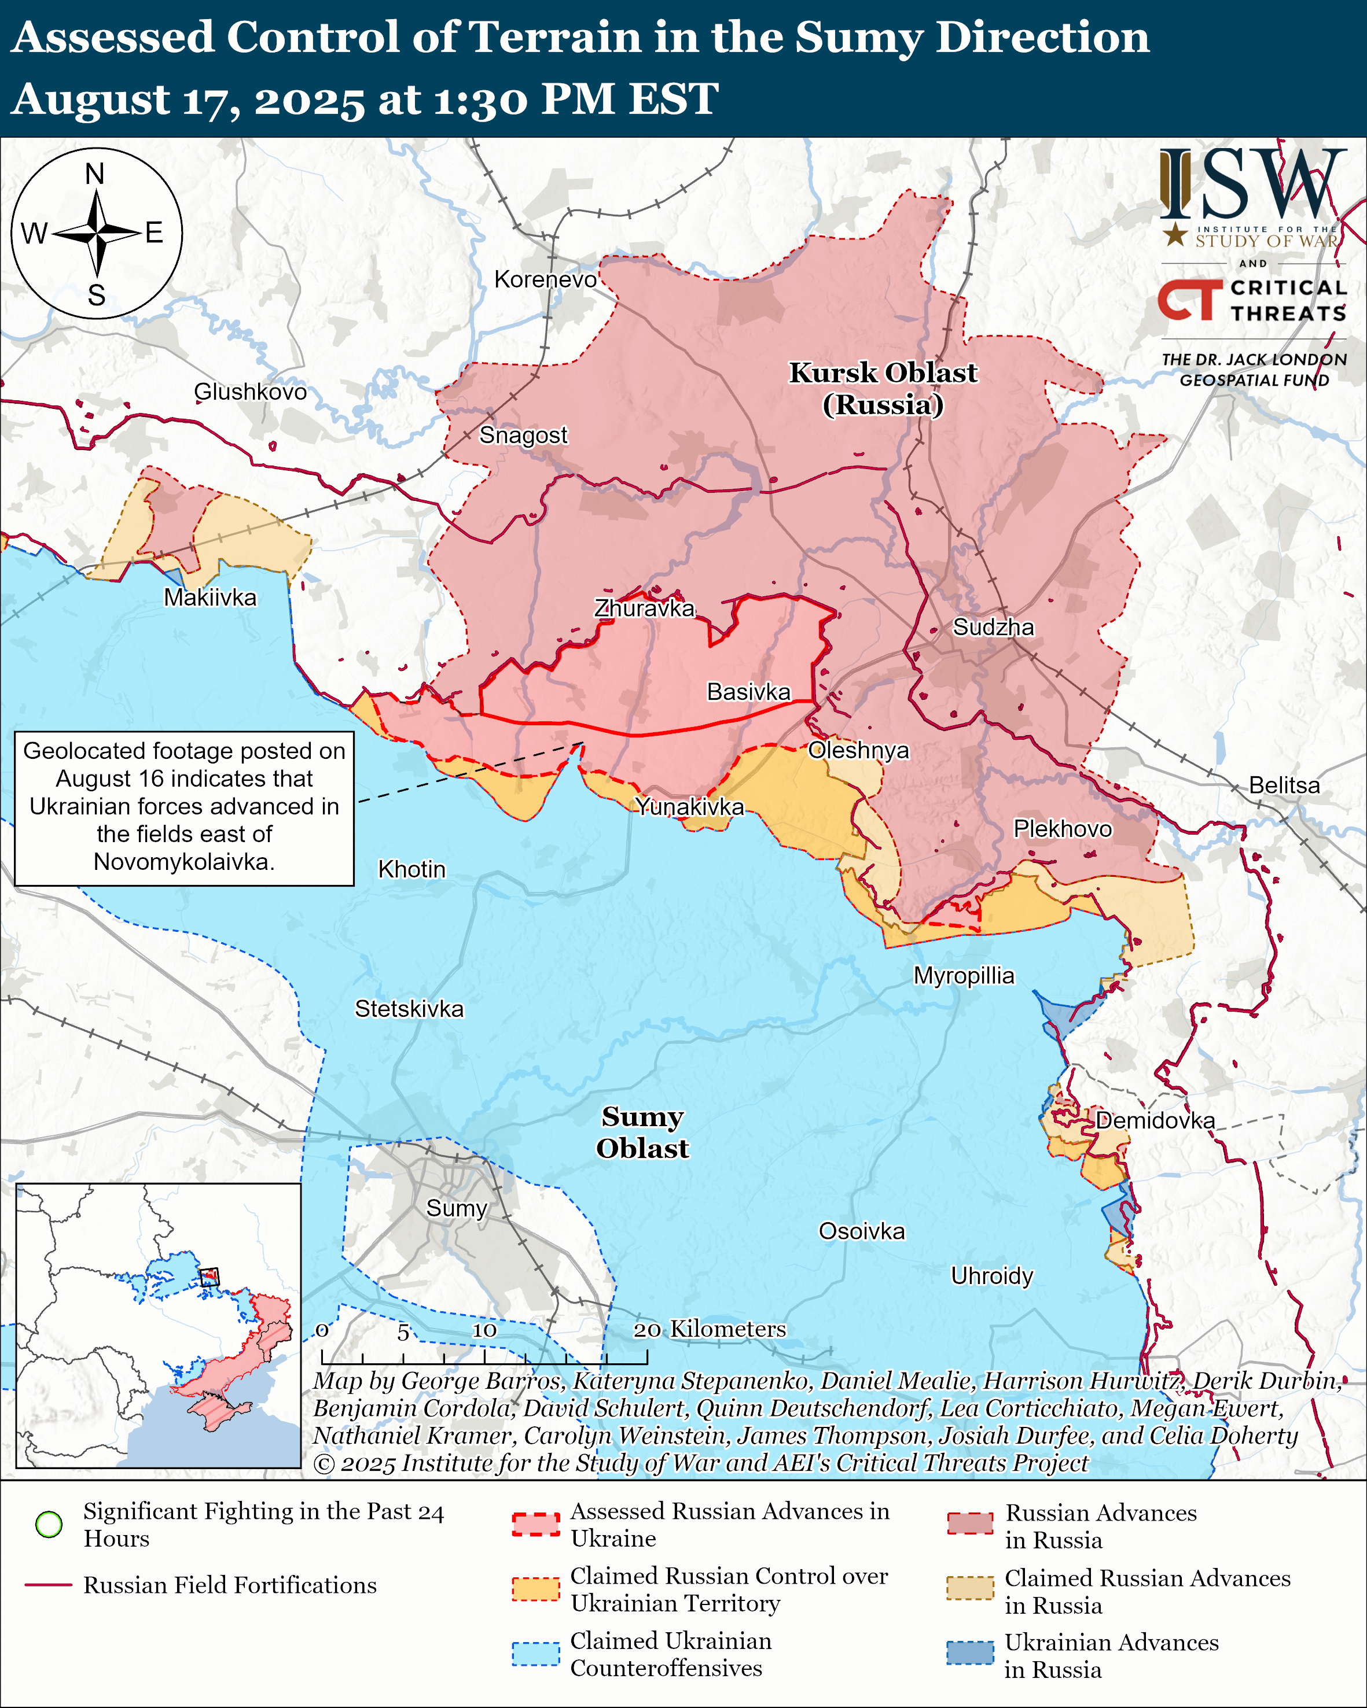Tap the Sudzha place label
[993, 628]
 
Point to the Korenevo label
[545, 279]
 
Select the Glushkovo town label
[251, 392]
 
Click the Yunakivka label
[689, 806]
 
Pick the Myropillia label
[964, 975]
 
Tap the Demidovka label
[1155, 1120]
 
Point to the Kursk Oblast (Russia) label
[883, 388]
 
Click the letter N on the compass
[95, 174]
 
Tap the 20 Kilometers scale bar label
[710, 1329]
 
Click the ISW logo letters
[1252, 184]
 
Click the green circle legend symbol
[49, 1523]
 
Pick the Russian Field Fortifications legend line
[49, 1585]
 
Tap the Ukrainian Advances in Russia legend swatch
[969, 1652]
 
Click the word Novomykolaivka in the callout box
[184, 862]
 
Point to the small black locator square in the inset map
[209, 1277]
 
